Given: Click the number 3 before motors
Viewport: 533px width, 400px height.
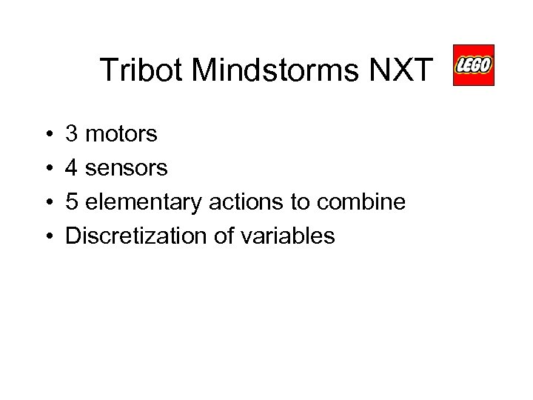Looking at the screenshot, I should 73,134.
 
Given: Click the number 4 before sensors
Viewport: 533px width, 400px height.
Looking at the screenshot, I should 73,168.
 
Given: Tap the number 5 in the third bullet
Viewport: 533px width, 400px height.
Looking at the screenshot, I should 73,202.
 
